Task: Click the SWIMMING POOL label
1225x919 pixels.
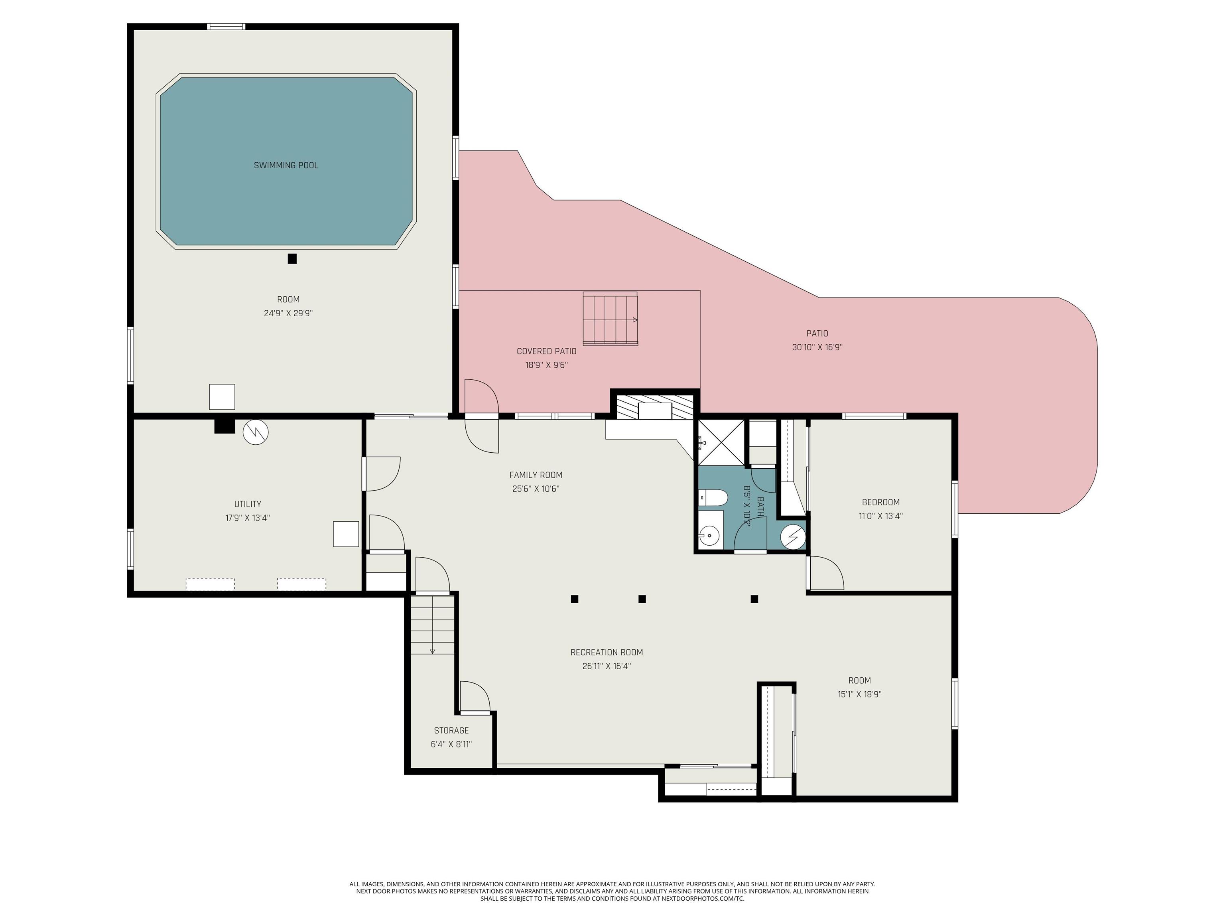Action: (x=286, y=165)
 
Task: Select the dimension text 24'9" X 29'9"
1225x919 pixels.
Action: (x=288, y=313)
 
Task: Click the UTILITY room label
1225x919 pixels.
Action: (x=248, y=504)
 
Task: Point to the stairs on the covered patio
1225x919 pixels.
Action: (x=610, y=319)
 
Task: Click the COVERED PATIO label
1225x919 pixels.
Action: (x=547, y=351)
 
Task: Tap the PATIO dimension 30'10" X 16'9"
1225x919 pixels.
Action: (x=817, y=347)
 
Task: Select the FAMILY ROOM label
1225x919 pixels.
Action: (x=536, y=475)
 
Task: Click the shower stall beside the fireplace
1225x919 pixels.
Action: (x=721, y=443)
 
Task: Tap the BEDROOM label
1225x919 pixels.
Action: (x=880, y=503)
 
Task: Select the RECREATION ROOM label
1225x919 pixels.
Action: (x=607, y=653)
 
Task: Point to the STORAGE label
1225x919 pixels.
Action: (x=451, y=731)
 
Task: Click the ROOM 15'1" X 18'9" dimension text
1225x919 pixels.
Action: (x=859, y=694)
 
